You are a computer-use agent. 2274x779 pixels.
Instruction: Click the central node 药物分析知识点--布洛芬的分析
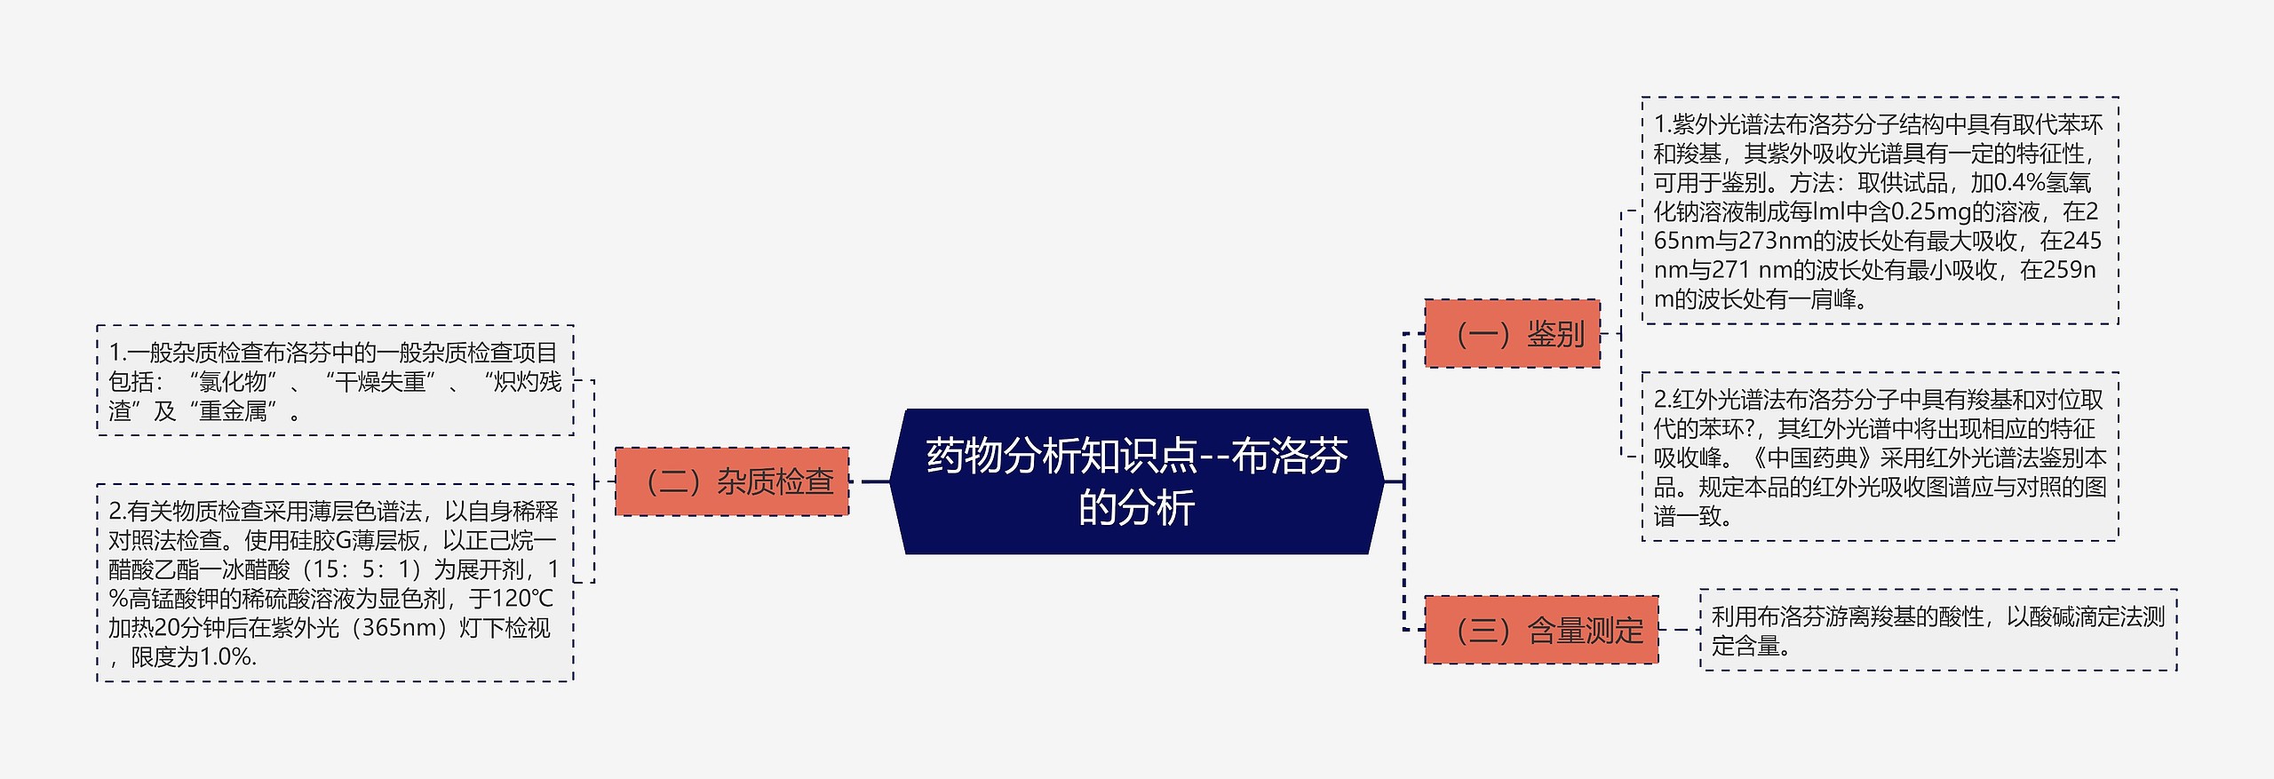[1136, 481]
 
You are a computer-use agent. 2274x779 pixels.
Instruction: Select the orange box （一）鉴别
[1512, 334]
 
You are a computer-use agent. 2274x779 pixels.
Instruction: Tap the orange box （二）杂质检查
[732, 481]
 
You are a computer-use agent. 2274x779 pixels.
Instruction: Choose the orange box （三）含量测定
[1541, 631]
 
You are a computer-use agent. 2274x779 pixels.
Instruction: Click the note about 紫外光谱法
[1879, 211]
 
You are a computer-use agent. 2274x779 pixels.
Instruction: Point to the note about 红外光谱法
[1879, 457]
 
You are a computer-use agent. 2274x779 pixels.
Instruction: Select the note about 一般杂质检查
[335, 381]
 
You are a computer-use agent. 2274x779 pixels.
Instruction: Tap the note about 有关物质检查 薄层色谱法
[335, 584]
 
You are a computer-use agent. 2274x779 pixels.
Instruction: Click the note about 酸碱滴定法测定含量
[1937, 631]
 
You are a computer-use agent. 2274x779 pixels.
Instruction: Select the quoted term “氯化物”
[233, 382]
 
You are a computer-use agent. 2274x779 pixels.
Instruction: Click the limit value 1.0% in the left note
[227, 657]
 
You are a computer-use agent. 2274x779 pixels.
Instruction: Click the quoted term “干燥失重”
[380, 382]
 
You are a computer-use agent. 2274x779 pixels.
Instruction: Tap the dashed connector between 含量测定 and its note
[1678, 631]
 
